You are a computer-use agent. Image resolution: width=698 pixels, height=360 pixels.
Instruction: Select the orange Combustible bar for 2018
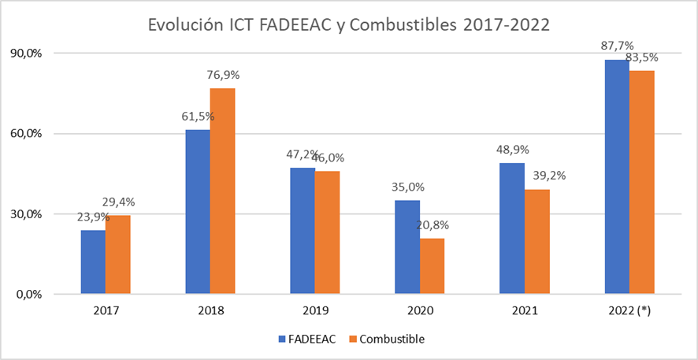(223, 191)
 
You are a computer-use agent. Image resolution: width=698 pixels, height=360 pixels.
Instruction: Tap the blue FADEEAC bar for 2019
(303, 231)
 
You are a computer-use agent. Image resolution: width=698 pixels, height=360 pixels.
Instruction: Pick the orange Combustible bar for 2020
(432, 266)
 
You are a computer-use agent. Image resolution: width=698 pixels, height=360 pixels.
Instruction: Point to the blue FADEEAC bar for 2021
(512, 228)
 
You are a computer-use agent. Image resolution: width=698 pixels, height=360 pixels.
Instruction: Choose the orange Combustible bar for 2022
(642, 182)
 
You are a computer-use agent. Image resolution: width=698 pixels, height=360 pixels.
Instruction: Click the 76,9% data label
(223, 76)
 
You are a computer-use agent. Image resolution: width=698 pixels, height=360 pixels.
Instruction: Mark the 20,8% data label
(433, 226)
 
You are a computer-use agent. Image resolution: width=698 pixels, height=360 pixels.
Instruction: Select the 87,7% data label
(618, 46)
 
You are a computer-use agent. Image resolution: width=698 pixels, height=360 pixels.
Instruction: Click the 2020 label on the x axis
(420, 311)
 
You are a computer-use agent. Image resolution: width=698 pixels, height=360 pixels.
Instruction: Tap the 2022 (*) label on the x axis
(629, 311)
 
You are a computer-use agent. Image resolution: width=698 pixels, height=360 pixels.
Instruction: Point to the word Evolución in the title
(184, 24)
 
